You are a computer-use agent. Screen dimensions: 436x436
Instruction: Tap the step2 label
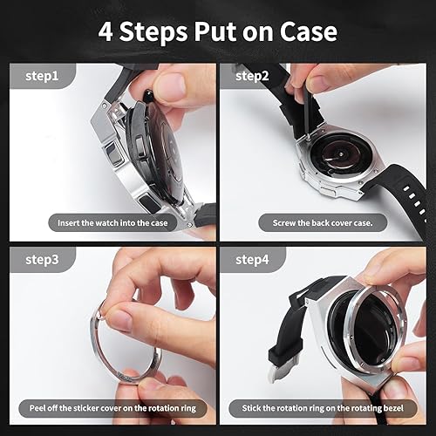click(253, 76)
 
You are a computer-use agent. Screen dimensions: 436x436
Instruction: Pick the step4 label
click(253, 258)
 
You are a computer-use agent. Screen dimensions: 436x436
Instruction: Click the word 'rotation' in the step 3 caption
click(153, 408)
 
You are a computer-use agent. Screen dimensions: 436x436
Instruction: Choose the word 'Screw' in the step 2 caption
click(282, 223)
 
